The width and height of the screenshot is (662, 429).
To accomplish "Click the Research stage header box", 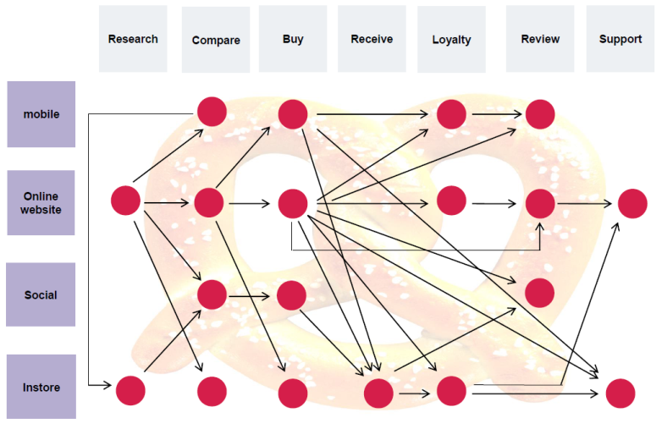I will [133, 39].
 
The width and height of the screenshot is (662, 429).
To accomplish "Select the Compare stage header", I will [216, 40].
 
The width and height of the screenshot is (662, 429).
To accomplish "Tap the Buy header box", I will [293, 39].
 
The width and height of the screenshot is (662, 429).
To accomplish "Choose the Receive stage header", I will [372, 39].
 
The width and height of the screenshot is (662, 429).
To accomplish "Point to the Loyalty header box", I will [451, 40].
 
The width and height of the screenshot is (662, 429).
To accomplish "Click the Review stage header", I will [540, 39].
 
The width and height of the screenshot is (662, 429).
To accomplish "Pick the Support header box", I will [620, 39].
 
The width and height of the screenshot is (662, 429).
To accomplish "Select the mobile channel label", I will [41, 114].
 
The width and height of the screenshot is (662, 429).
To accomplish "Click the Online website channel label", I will [41, 203].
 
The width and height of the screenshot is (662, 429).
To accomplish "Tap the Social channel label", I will [41, 294].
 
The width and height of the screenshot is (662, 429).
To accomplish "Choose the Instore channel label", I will [41, 387].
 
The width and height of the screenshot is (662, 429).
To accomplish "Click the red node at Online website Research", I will [125, 201].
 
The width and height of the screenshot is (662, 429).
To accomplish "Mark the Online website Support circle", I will [632, 203].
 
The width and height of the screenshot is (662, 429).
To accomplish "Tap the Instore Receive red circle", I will [378, 393].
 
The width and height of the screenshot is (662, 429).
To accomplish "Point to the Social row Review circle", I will [540, 292].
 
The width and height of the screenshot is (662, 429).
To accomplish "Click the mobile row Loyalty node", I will [452, 113].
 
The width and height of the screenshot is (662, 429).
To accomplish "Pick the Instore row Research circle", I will [130, 390].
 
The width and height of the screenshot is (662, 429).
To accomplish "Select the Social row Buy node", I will [291, 294].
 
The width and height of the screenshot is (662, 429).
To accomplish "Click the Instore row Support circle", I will [621, 393].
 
